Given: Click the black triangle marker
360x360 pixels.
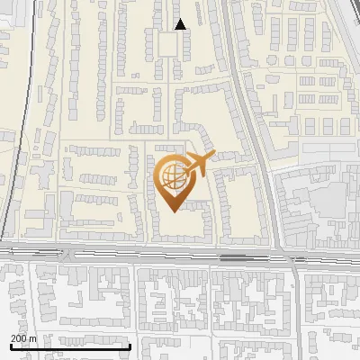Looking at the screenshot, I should [x=181, y=24].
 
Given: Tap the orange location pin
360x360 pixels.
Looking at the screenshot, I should [x=173, y=182].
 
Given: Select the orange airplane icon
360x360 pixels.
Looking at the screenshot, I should [x=198, y=165].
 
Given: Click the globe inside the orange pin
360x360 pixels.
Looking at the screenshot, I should [x=172, y=175].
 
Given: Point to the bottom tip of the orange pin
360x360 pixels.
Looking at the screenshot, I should [x=172, y=211].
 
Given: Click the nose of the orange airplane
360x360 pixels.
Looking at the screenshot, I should [x=211, y=157].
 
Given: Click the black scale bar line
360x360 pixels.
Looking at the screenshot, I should [x=70, y=346].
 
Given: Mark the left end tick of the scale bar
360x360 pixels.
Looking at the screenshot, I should [x=10, y=346].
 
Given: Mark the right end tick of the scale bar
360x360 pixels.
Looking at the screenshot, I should [x=130, y=346].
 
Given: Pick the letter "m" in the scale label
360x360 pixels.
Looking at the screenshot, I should [x=32, y=337].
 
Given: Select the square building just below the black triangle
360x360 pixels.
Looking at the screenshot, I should [x=168, y=44].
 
